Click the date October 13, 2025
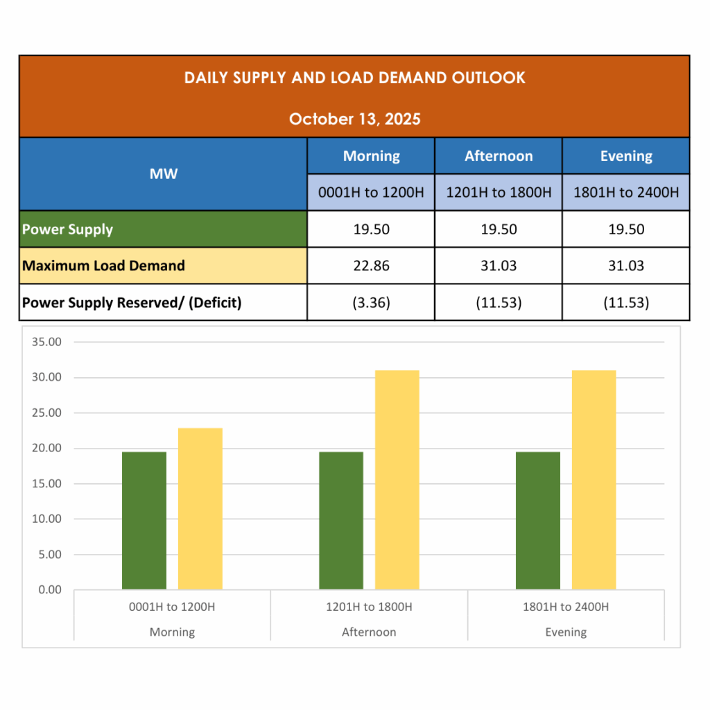(x=354, y=119)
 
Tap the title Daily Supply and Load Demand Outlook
(x=354, y=78)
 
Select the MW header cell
(x=163, y=173)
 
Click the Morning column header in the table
(x=371, y=156)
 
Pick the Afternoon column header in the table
(x=499, y=156)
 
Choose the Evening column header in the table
(x=626, y=156)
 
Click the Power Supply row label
(x=67, y=230)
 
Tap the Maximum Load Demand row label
(x=103, y=266)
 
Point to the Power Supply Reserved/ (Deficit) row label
(x=132, y=302)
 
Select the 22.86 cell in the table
(x=371, y=266)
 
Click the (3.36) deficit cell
(x=371, y=302)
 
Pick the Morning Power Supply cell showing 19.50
(x=371, y=230)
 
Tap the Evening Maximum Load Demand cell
(x=626, y=266)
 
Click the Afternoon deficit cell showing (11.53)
(x=499, y=302)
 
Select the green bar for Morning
(x=144, y=520)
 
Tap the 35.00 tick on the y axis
(x=47, y=342)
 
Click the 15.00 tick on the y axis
(x=47, y=483)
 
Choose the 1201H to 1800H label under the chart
(x=369, y=607)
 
